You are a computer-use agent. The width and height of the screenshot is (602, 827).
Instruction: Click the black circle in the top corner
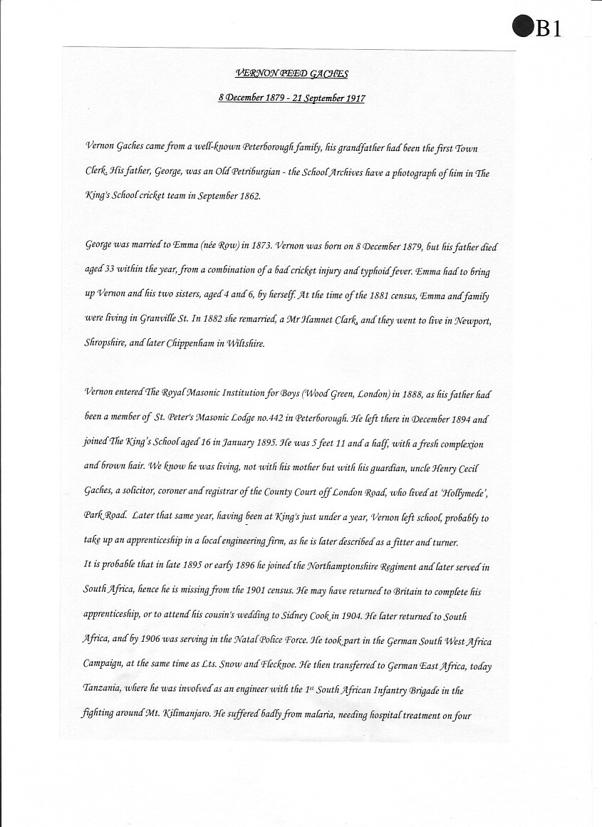(522, 27)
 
